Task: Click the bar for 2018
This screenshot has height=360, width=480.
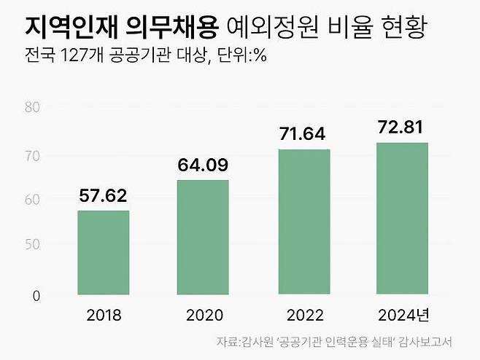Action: [x=104, y=253]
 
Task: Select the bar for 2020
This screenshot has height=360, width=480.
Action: [x=203, y=238]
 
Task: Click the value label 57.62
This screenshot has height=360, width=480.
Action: [x=104, y=195]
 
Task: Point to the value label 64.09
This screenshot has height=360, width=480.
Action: [x=203, y=165]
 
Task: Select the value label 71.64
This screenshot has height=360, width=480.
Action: [x=303, y=134]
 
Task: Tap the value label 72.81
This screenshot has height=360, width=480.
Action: [x=403, y=128]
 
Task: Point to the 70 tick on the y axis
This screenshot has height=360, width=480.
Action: [x=32, y=155]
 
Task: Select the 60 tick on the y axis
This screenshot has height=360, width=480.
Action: [x=32, y=199]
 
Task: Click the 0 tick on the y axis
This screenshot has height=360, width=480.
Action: [x=34, y=296]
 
